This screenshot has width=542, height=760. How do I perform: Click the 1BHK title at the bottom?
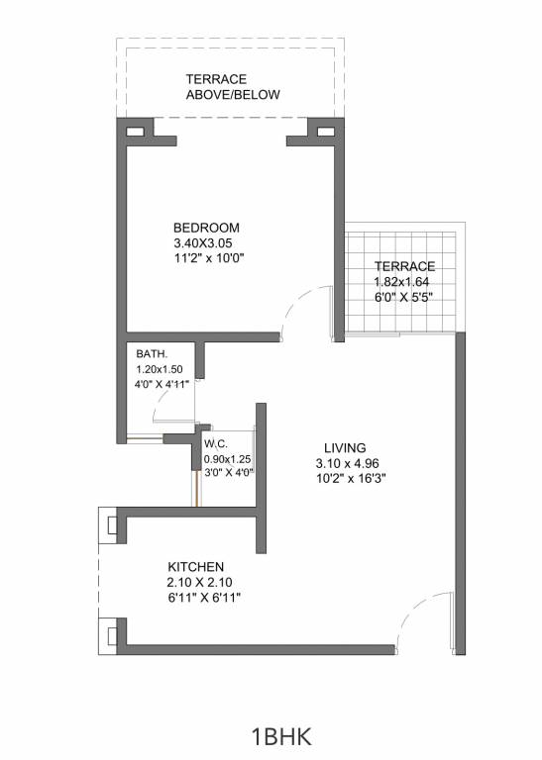pyautogui.click(x=282, y=737)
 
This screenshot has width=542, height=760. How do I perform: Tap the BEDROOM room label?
pyautogui.click(x=206, y=228)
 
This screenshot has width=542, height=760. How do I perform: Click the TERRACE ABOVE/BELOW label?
pyautogui.click(x=233, y=87)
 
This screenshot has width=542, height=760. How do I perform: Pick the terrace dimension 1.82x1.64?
pyautogui.click(x=396, y=281)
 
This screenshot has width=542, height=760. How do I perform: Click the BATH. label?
pyautogui.click(x=152, y=353)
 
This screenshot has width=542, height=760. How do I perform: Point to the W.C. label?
pyautogui.click(x=217, y=444)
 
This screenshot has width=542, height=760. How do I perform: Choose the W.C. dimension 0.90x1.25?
pyautogui.click(x=228, y=459)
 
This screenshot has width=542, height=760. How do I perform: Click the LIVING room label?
pyautogui.click(x=344, y=447)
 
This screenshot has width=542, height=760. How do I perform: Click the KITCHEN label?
pyautogui.click(x=195, y=566)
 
